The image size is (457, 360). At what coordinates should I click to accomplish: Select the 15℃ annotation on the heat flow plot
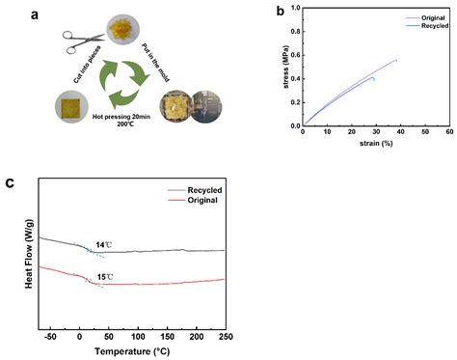(103, 277)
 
